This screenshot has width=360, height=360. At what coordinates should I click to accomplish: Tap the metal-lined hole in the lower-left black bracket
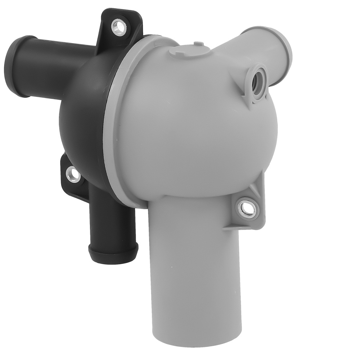click(x=74, y=175)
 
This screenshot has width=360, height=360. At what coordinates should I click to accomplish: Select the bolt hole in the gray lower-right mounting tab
click(x=247, y=208)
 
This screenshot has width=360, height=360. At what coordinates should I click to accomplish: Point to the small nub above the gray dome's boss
click(x=198, y=44)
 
